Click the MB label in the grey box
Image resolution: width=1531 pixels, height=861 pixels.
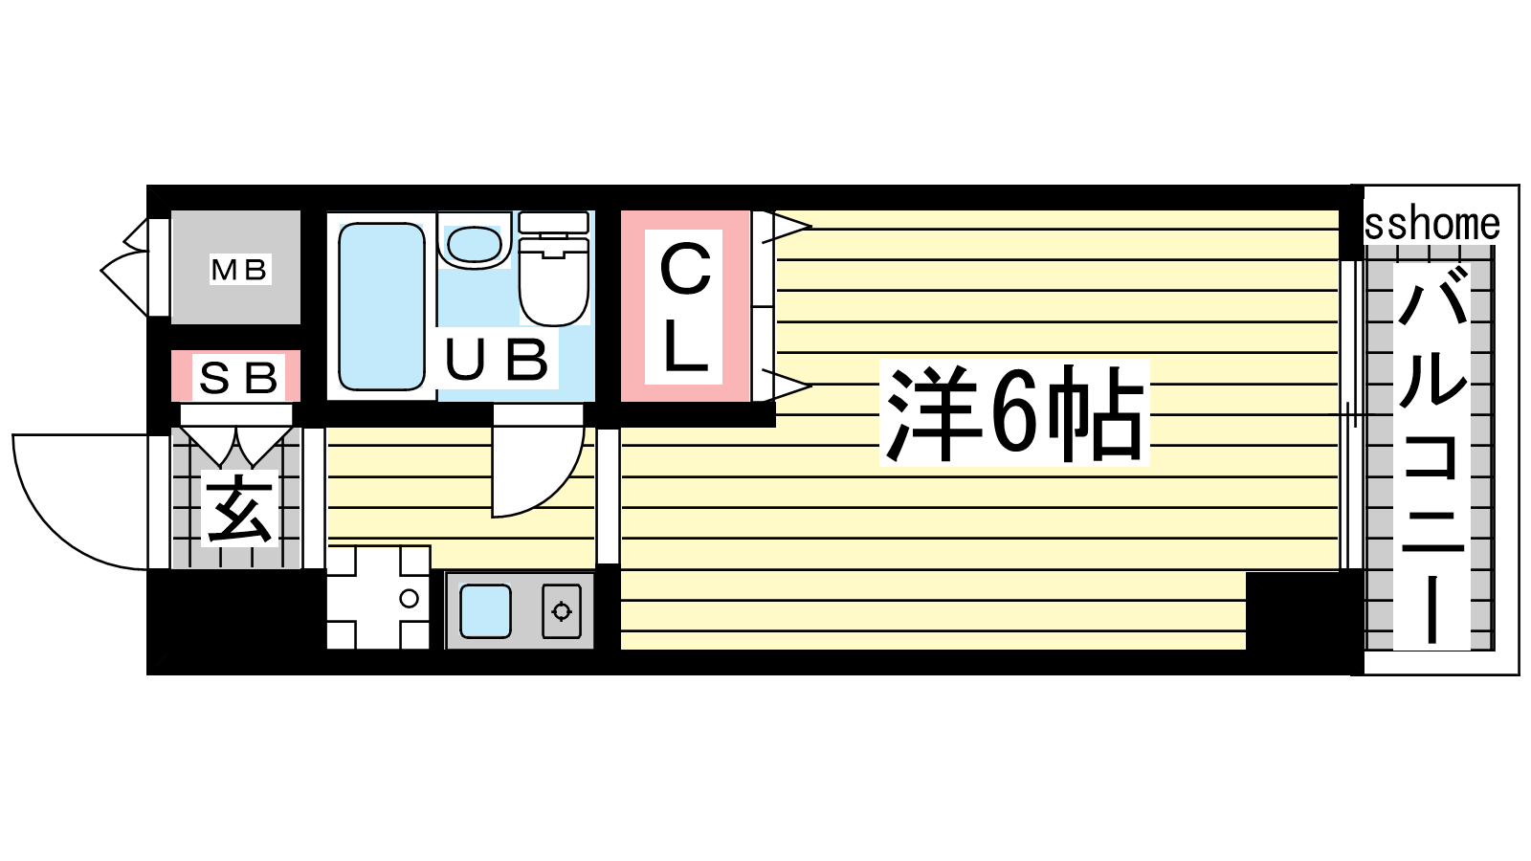click(x=238, y=271)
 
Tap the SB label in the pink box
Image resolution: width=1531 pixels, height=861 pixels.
click(x=238, y=378)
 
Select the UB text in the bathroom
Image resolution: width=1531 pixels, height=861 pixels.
click(x=497, y=360)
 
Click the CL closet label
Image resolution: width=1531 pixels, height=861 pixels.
click(x=685, y=309)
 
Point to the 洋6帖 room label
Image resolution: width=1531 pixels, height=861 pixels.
click(x=1014, y=414)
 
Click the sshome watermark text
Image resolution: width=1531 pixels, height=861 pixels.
click(x=1431, y=225)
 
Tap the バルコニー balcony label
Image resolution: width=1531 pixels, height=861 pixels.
click(x=1431, y=456)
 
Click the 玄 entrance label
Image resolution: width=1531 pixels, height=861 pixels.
click(x=240, y=509)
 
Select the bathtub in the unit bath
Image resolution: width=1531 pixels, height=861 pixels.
click(x=382, y=306)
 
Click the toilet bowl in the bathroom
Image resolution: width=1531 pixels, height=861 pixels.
click(x=554, y=281)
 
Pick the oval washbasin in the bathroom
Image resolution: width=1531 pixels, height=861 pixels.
click(x=475, y=245)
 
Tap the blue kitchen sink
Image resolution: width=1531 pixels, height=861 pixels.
click(x=485, y=611)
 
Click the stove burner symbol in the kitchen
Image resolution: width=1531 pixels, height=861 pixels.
click(x=562, y=611)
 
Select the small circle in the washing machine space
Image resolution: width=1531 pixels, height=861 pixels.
click(x=409, y=599)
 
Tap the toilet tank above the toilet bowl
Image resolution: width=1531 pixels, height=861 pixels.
click(x=554, y=222)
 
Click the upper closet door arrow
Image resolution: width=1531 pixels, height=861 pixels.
click(x=787, y=227)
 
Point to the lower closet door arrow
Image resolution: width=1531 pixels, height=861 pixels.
click(x=787, y=385)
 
